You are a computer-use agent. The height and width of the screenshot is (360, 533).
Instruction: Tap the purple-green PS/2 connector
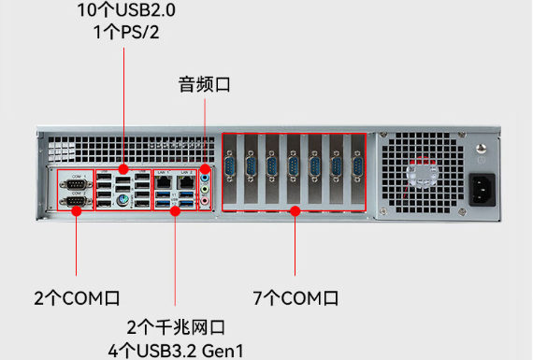[x=122, y=199]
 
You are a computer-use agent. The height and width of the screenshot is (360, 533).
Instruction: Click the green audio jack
[x=206, y=188]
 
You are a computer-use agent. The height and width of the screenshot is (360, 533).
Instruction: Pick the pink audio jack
[x=206, y=201]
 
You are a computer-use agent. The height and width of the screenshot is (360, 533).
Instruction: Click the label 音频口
[x=204, y=85]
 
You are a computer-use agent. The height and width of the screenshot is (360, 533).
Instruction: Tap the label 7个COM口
[x=295, y=299]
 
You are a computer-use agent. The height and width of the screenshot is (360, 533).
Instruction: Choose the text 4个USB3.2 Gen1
[x=176, y=351]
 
